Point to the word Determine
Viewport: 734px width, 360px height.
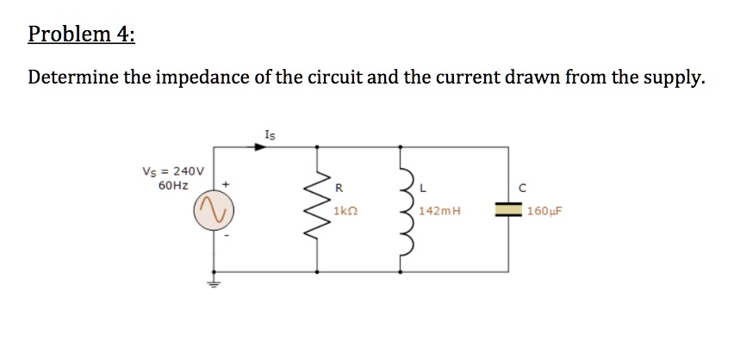point(72,78)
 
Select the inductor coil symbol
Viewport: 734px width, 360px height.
point(401,209)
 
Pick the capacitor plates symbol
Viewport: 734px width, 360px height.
point(508,209)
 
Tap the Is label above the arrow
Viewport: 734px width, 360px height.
point(271,133)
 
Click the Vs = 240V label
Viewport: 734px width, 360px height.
point(173,171)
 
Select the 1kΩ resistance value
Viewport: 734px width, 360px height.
point(347,210)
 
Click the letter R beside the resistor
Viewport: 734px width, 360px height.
point(339,187)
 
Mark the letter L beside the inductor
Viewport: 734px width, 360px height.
point(421,187)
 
